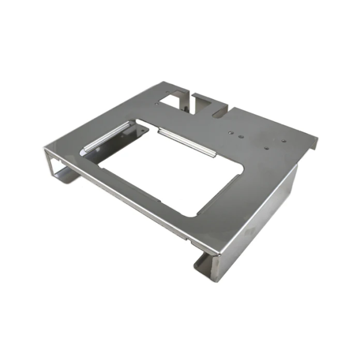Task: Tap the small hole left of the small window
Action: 157,103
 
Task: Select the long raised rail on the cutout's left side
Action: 106,137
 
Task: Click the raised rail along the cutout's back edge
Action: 186,140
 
